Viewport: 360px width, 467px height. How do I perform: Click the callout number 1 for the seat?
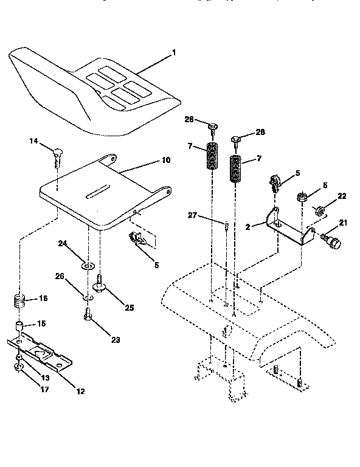(x=173, y=53)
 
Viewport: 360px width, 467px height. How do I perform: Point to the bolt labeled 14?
(x=58, y=155)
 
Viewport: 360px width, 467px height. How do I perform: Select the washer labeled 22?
(x=320, y=211)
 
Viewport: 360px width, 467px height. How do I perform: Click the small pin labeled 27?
(x=226, y=227)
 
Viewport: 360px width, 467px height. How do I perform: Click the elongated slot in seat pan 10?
(x=97, y=195)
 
